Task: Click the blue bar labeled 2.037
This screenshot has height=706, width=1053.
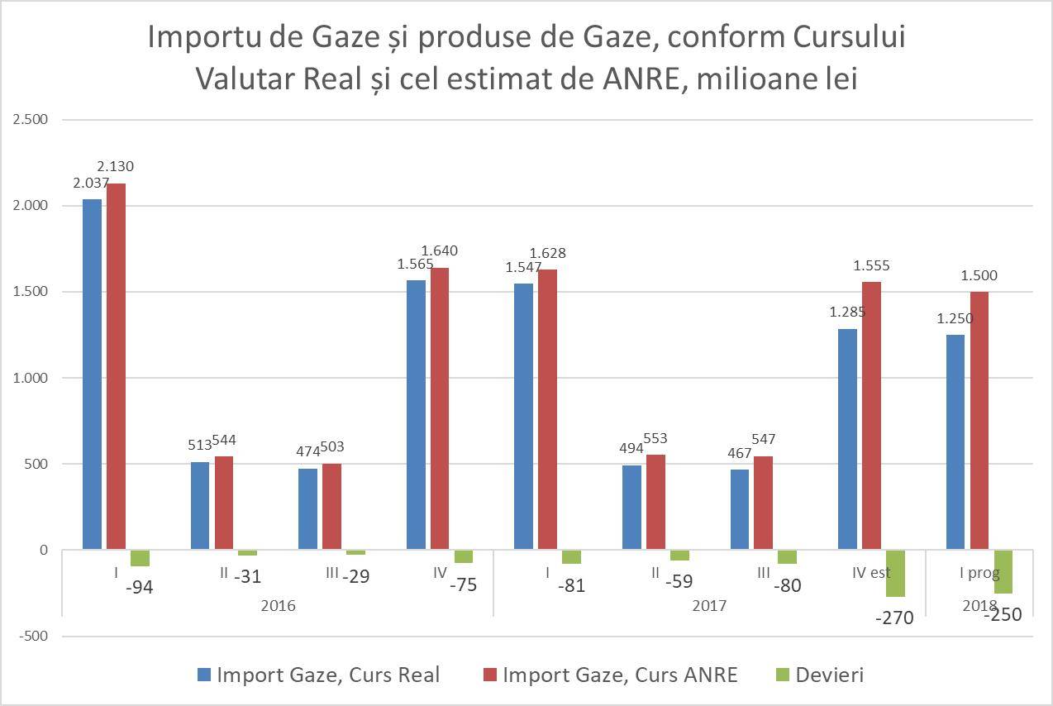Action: (x=92, y=374)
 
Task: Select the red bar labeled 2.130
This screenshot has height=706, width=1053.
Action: (x=116, y=366)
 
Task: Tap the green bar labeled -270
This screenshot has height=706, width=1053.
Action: (x=895, y=573)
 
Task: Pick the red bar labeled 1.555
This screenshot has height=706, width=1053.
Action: (x=871, y=416)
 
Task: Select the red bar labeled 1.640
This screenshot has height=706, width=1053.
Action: (x=440, y=408)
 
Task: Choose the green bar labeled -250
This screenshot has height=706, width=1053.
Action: (x=1003, y=571)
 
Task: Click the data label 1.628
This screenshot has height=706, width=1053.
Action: (x=548, y=253)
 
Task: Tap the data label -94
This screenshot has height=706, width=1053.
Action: (x=139, y=588)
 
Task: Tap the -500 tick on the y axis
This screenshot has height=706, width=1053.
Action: (x=33, y=636)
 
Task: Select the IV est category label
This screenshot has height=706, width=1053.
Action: (x=871, y=572)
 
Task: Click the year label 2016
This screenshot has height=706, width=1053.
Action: (x=278, y=605)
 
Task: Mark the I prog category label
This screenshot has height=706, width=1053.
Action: (x=979, y=572)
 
